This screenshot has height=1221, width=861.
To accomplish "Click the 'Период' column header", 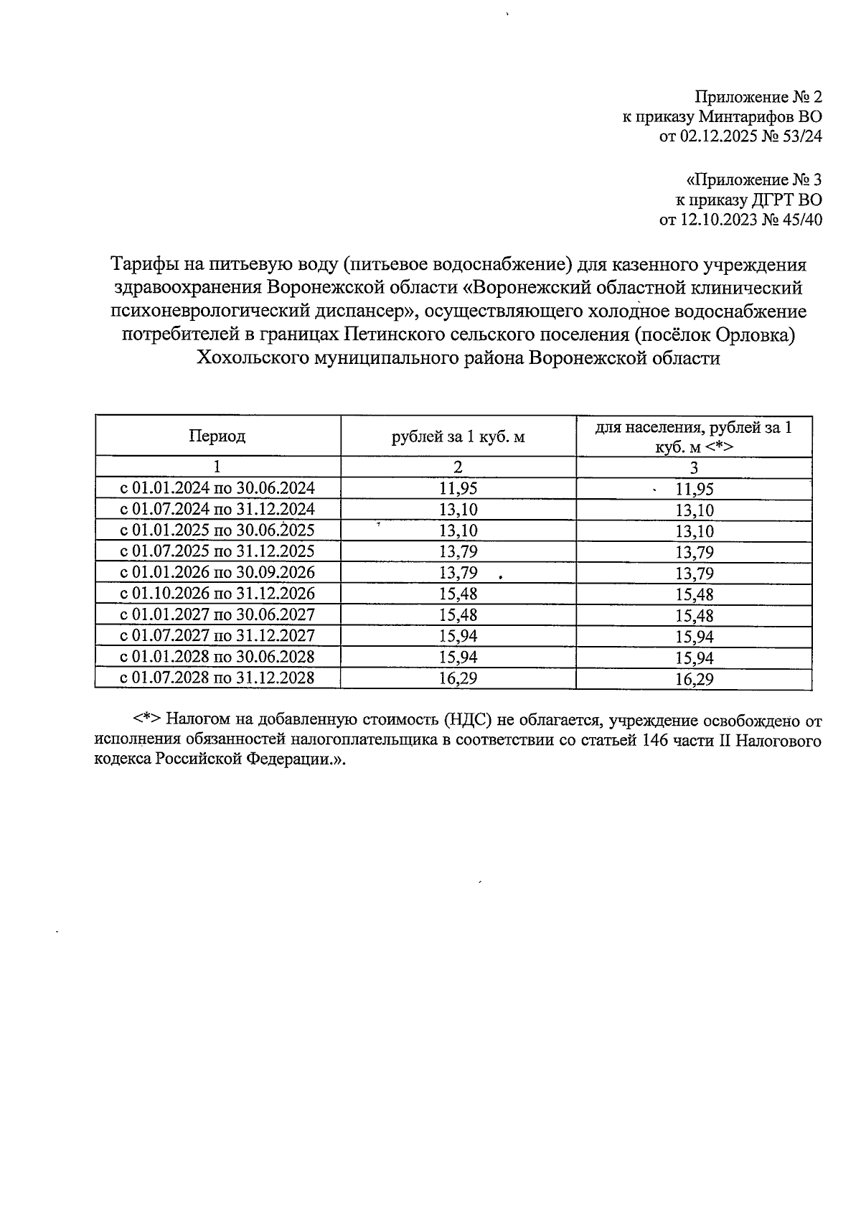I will click(x=217, y=436).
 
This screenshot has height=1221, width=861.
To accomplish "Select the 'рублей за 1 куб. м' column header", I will click(x=458, y=436).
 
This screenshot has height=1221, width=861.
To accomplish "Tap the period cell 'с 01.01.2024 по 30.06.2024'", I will click(x=217, y=488).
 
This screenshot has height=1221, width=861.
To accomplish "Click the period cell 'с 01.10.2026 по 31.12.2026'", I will click(x=217, y=594).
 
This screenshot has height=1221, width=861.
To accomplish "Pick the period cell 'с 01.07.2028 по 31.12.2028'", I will click(x=217, y=678).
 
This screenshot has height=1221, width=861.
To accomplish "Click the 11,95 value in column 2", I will click(x=458, y=488).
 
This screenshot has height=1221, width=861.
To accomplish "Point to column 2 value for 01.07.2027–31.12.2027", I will click(x=458, y=636).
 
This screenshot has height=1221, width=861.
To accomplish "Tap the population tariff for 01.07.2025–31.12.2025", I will click(x=694, y=553).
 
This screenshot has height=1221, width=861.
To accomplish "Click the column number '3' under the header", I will click(x=694, y=468).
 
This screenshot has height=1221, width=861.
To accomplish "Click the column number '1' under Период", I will click(x=217, y=467).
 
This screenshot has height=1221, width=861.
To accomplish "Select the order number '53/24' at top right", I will click(x=801, y=136).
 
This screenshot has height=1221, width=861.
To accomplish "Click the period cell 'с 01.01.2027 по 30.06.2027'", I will click(x=217, y=615).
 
